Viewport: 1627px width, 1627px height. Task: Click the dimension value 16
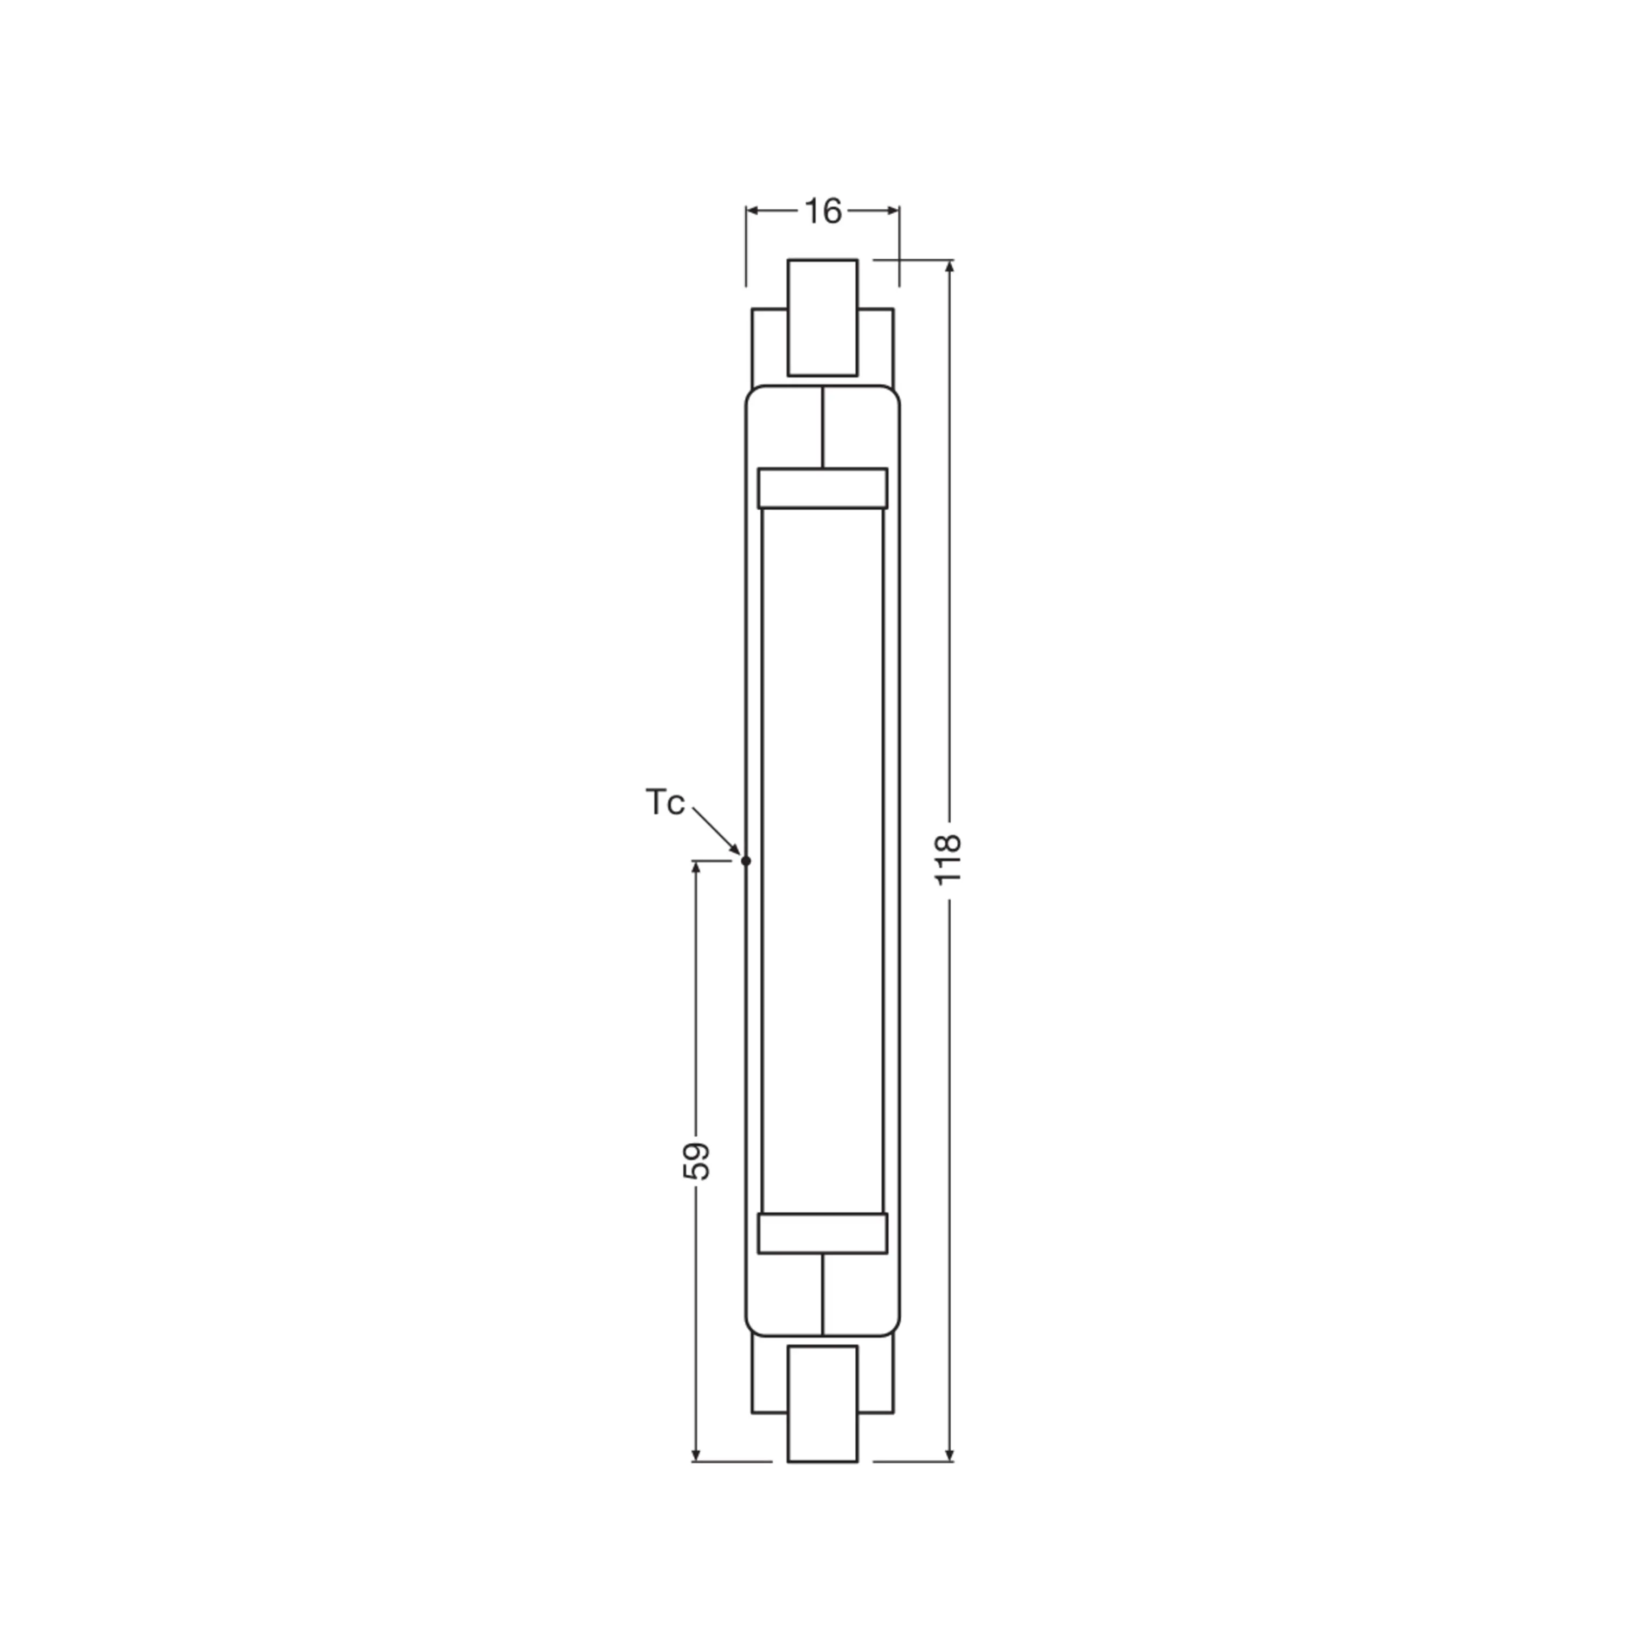coord(823,212)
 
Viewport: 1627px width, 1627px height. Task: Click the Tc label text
coord(665,803)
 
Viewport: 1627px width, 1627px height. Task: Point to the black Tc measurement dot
coord(745,861)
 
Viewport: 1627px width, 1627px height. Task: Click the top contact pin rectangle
coord(822,317)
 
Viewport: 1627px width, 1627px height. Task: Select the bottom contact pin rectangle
coord(822,1404)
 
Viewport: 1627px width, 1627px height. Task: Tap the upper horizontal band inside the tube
coord(822,489)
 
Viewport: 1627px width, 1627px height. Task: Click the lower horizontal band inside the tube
coord(822,1234)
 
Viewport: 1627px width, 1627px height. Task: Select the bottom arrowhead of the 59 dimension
coord(696,1455)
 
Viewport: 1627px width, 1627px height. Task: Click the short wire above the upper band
coord(823,427)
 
